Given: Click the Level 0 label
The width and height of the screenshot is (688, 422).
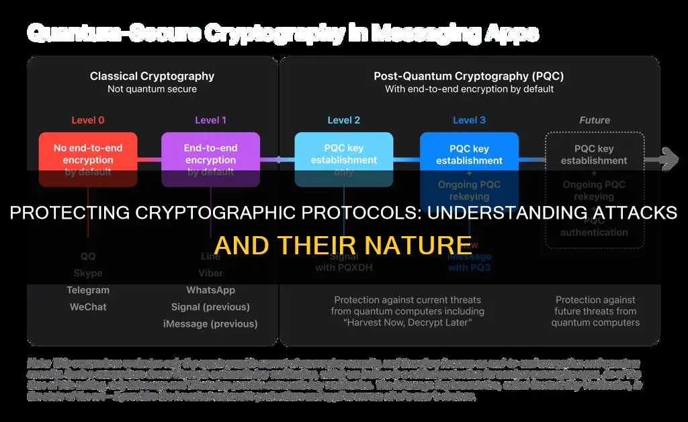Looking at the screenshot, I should pyautogui.click(x=88, y=121).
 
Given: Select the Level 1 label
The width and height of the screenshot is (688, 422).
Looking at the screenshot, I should pyautogui.click(x=210, y=121).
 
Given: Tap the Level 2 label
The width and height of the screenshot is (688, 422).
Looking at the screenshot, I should pyautogui.click(x=343, y=121).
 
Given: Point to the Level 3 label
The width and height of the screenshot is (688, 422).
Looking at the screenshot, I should pyautogui.click(x=469, y=121).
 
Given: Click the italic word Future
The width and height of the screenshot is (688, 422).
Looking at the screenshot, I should pyautogui.click(x=595, y=121).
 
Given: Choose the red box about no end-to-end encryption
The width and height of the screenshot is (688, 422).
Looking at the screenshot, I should pyautogui.click(x=88, y=154).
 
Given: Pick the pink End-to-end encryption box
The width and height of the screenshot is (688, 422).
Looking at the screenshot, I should pyautogui.click(x=210, y=154).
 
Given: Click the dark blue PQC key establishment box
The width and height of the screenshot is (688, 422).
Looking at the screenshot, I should pyautogui.click(x=469, y=154).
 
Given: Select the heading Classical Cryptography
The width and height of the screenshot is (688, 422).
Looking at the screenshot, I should pyautogui.click(x=153, y=76).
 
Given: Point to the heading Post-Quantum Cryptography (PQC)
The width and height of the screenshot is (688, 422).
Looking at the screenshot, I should pyautogui.click(x=469, y=76).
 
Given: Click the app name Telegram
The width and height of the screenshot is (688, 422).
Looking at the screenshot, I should pyautogui.click(x=88, y=291).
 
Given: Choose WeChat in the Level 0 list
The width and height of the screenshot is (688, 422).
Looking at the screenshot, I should pyautogui.click(x=88, y=307).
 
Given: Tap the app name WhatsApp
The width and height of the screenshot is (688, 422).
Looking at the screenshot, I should pyautogui.click(x=210, y=291).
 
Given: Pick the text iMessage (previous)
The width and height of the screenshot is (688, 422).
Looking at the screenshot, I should pyautogui.click(x=210, y=324).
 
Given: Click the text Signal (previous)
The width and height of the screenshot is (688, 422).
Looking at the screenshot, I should pyautogui.click(x=210, y=307).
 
